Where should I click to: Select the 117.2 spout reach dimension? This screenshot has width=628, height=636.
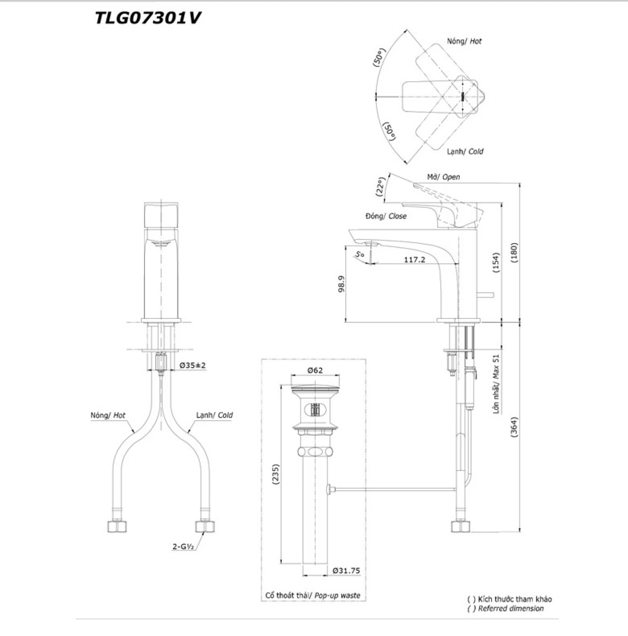pyautogui.click(x=414, y=259)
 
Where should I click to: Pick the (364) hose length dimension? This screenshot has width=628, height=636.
pyautogui.click(x=514, y=427)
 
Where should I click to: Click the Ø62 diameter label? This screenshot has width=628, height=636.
pyautogui.click(x=315, y=370)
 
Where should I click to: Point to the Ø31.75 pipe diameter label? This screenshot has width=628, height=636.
pyautogui.click(x=346, y=571)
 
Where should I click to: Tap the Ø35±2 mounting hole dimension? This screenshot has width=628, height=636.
pyautogui.click(x=192, y=366)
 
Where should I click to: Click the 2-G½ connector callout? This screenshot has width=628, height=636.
pyautogui.click(x=185, y=547)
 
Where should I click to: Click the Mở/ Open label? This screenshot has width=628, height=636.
pyautogui.click(x=443, y=177)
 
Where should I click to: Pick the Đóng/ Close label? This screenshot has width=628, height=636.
pyautogui.click(x=386, y=216)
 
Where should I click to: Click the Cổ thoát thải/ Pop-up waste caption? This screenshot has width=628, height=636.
pyautogui.click(x=313, y=596)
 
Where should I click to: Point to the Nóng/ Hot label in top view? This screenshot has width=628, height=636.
pyautogui.click(x=464, y=41)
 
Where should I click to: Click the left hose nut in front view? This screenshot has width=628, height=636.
pyautogui.click(x=117, y=526)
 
